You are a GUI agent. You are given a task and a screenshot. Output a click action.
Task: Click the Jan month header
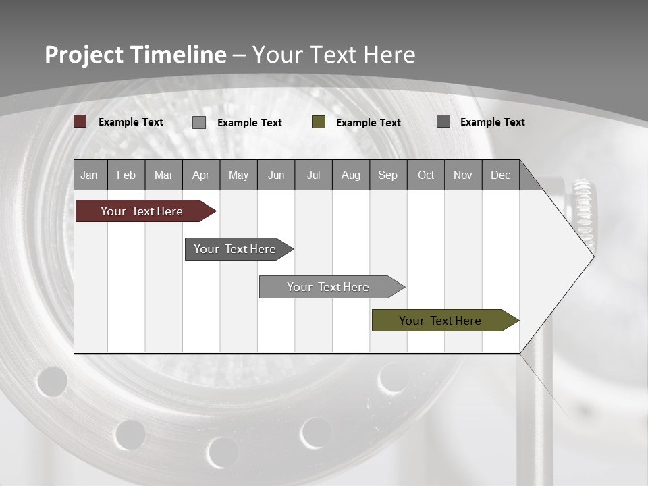coord(89,175)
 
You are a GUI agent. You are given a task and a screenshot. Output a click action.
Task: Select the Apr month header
coord(200,175)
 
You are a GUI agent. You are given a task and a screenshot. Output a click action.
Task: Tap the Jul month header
coord(313,175)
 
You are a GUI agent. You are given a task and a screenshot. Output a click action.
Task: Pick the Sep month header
coord(387,175)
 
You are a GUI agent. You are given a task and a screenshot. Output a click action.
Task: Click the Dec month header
coord(500,175)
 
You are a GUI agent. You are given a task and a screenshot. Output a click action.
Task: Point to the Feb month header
coord(126,175)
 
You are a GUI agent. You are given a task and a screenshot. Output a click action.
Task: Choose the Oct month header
coord(426,175)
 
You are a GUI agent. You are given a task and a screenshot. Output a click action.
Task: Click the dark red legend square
coord(80,122)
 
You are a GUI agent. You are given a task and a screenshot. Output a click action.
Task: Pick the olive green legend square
coord(319,122)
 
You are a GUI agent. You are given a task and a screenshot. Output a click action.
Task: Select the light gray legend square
coord(199,122)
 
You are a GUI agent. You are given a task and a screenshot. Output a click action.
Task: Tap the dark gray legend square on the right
coord(443,122)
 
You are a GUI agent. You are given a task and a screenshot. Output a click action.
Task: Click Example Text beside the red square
coord(131,122)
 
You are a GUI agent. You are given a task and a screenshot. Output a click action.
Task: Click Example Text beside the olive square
coord(369,123)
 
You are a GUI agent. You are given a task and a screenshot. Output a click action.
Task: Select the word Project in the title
coord(84,55)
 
